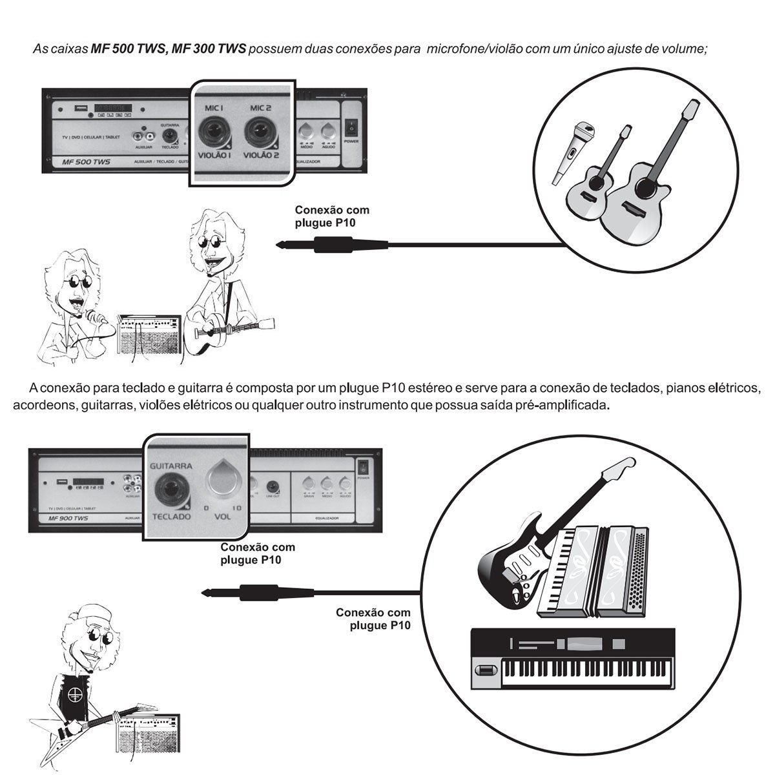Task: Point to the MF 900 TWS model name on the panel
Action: [x=63, y=519]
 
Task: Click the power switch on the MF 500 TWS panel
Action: [x=351, y=123]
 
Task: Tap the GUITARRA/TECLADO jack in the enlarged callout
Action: [x=171, y=486]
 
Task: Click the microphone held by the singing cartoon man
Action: [x=94, y=316]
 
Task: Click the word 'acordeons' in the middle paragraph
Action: [x=40, y=406]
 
